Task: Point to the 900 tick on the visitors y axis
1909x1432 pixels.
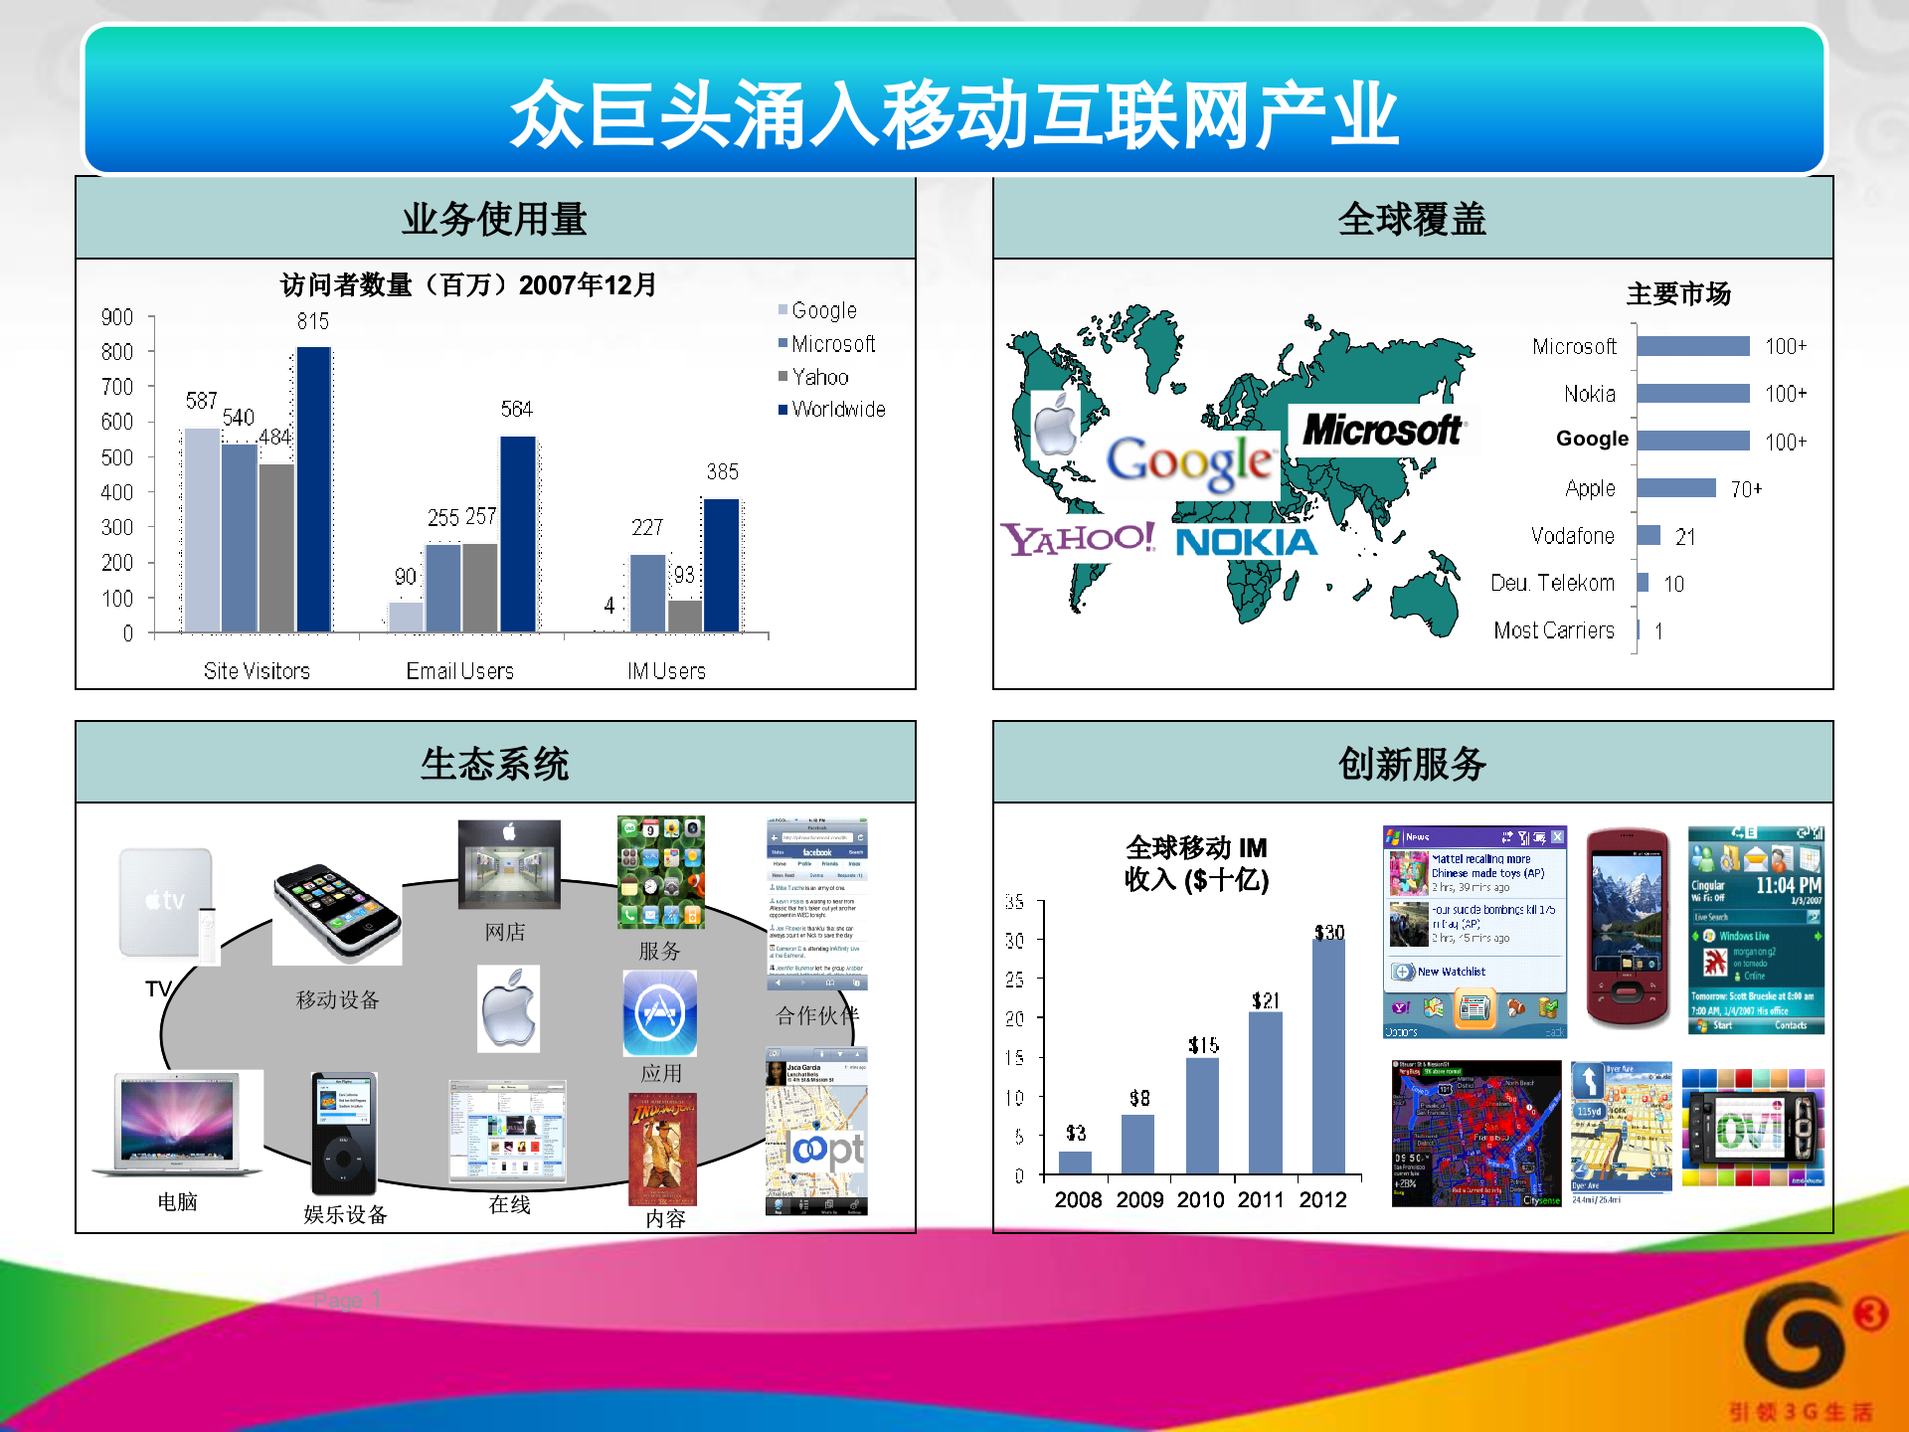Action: point(117,317)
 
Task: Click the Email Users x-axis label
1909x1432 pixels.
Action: point(459,671)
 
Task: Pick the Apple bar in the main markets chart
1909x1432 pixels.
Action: point(1676,487)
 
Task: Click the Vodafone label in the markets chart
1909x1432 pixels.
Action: point(1572,536)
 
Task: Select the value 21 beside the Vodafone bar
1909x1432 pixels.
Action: point(1684,537)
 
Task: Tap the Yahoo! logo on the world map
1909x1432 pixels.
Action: point(1078,539)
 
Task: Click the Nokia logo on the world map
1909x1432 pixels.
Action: point(1246,542)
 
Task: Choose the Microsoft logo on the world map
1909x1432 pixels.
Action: point(1381,430)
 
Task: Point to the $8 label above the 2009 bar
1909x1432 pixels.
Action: point(1139,1098)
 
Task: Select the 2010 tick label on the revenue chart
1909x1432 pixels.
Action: point(1200,1200)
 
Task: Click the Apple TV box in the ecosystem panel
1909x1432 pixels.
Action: point(166,902)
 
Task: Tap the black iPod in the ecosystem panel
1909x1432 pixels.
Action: point(343,1133)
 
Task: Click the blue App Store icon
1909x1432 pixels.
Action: point(659,1013)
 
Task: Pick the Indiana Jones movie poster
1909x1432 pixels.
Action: point(662,1149)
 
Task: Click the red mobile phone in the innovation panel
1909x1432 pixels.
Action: point(1627,927)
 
